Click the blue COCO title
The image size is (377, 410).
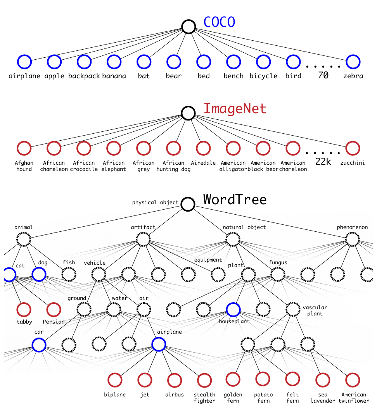tap(219, 22)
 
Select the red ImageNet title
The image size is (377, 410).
tap(235, 109)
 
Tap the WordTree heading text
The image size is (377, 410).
tap(235, 200)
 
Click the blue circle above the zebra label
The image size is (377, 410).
tap(353, 62)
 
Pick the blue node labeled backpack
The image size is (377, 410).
tap(84, 62)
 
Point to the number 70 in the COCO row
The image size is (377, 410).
tap(323, 76)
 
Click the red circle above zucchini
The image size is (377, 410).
tap(353, 148)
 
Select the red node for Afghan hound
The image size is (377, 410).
tap(24, 148)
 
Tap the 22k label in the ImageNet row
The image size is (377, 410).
tap(323, 162)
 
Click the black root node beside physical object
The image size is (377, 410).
tap(188, 204)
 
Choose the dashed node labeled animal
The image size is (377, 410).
tap(24, 239)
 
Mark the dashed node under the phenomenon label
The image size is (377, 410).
tap(352, 239)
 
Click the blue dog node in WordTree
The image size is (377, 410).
tap(39, 274)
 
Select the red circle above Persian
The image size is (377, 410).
tap(54, 310)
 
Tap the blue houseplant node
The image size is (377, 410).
tap(233, 310)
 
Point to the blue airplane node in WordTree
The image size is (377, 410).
tap(158, 344)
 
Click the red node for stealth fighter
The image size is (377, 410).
tap(204, 380)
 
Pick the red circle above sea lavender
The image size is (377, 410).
tap(323, 380)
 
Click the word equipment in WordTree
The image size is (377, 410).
tap(208, 260)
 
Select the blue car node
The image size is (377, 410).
tap(39, 344)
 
